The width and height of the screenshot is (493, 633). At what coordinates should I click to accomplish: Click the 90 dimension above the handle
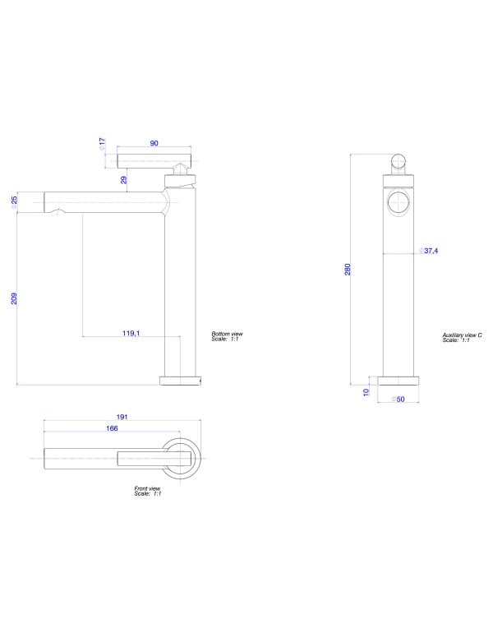154,143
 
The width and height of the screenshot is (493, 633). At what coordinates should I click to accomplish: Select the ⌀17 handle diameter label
102,144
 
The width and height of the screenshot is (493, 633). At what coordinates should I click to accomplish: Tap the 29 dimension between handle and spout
124,180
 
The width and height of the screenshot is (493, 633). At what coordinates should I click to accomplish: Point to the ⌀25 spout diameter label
14,202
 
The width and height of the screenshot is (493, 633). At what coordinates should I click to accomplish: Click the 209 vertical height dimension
14,298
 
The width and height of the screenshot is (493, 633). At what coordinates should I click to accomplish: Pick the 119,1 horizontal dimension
131,333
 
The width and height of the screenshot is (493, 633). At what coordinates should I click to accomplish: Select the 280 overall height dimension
348,270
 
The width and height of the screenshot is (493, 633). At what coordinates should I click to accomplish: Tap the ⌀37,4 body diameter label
428,251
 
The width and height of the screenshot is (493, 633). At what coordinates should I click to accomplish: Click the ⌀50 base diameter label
398,400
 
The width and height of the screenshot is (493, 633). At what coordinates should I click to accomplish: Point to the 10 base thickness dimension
366,392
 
